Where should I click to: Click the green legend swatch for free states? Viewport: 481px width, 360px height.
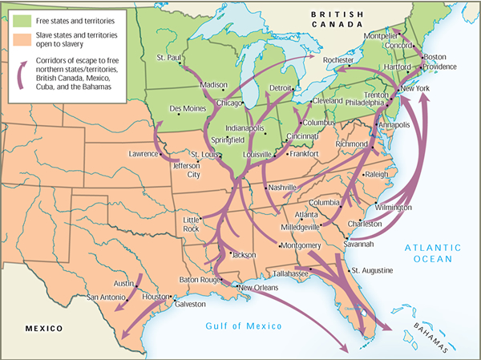pos(20,15)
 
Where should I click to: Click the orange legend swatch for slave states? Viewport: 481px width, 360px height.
pos(20,35)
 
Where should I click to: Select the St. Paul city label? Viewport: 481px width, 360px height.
pos(168,58)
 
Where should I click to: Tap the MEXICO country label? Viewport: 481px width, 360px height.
pos(43,329)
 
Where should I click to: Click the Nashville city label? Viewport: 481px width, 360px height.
pos(284,187)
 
